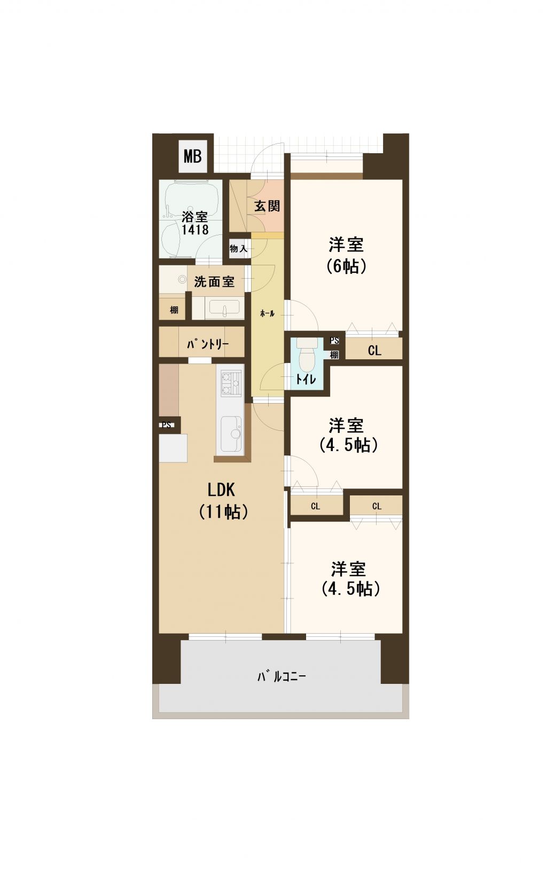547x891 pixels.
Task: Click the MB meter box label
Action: pyautogui.click(x=192, y=156)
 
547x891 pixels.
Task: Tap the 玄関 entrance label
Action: pyautogui.click(x=267, y=206)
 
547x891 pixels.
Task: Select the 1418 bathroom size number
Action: pyautogui.click(x=195, y=229)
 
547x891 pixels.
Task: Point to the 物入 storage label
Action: pyautogui.click(x=238, y=249)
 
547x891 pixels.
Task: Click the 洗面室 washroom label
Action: pyautogui.click(x=214, y=282)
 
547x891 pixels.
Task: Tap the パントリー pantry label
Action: pyautogui.click(x=207, y=344)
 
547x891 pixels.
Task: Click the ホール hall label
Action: pyautogui.click(x=267, y=313)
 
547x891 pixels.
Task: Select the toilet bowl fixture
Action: pyautogui.click(x=306, y=354)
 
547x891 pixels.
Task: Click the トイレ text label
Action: pyautogui.click(x=306, y=379)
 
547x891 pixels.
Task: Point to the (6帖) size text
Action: pyautogui.click(x=346, y=266)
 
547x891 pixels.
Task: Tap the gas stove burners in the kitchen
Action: pyautogui.click(x=231, y=383)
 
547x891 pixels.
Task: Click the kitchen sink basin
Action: pyautogui.click(x=231, y=433)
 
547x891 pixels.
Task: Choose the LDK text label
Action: pyautogui.click(x=221, y=490)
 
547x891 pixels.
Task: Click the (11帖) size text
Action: pyautogui.click(x=223, y=511)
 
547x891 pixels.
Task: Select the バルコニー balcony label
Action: pyautogui.click(x=282, y=676)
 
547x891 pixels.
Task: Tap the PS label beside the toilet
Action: pyautogui.click(x=334, y=341)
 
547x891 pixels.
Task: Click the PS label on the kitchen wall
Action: pyautogui.click(x=167, y=425)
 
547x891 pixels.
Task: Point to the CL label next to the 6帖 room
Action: pyautogui.click(x=374, y=350)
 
